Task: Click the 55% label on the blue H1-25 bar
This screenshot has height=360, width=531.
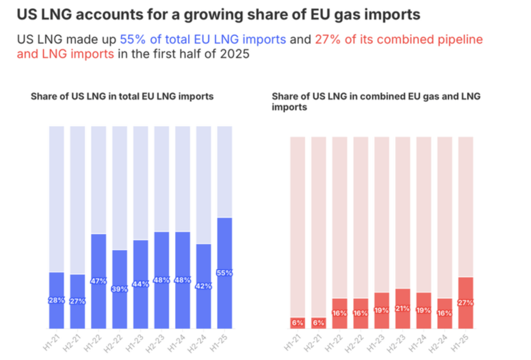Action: point(225,273)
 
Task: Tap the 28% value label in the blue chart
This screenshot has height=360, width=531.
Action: point(57,300)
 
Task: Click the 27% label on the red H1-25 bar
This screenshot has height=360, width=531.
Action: point(466,302)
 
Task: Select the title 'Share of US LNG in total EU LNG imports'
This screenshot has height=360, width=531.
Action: point(122,96)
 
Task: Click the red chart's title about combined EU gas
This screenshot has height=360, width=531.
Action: point(376,102)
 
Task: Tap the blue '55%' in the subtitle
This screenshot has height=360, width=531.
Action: point(131,39)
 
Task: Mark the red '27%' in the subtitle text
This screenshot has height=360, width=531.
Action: point(326,39)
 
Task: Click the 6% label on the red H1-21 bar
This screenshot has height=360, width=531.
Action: point(297,323)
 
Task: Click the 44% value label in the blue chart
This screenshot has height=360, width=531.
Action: point(141,284)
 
